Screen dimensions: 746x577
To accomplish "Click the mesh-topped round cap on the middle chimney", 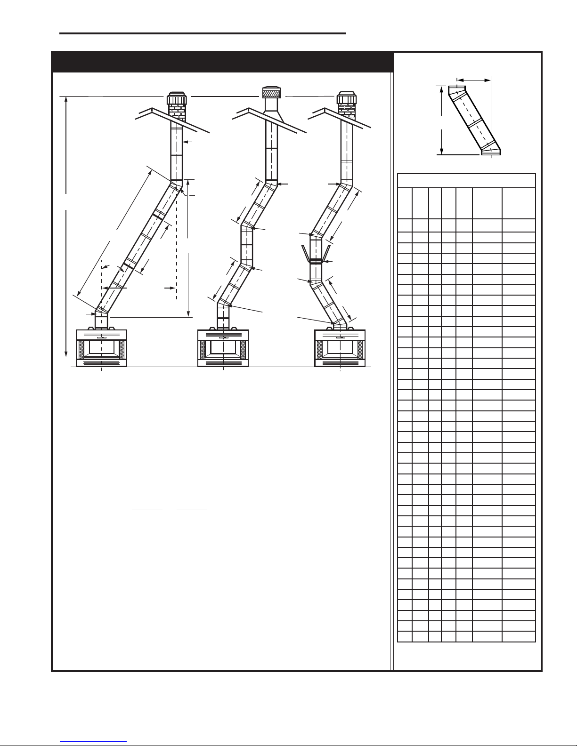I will pyautogui.click(x=270, y=93).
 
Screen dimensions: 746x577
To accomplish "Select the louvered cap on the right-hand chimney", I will pyautogui.click(x=347, y=98).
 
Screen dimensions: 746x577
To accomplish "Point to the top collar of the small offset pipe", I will pyautogui.click(x=455, y=89).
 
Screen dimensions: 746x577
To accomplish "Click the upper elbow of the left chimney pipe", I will pyautogui.click(x=176, y=184).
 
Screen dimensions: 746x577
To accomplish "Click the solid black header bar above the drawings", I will pyautogui.click(x=222, y=61).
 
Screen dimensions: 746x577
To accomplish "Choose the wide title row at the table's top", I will pyautogui.click(x=466, y=181).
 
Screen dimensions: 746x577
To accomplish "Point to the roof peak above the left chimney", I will pyautogui.click(x=152, y=110).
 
